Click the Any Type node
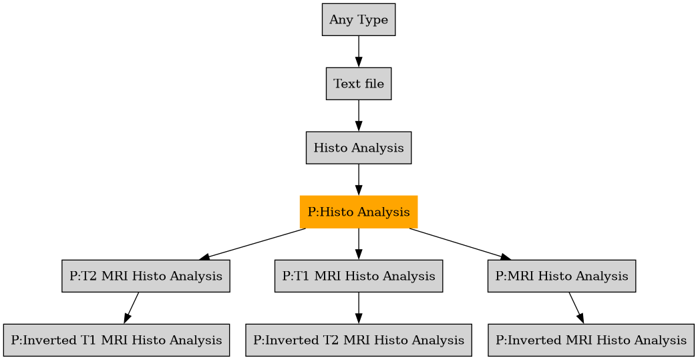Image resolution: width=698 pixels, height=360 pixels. coord(359,20)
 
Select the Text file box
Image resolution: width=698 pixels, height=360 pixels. coord(359,84)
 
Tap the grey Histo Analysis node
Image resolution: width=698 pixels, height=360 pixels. coord(359,148)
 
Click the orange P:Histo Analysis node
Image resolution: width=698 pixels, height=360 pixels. coord(359,212)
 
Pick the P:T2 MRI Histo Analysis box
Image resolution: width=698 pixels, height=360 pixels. coord(146,276)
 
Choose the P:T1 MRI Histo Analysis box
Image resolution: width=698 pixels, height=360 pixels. coord(359,276)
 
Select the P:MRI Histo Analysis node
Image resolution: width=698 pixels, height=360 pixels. coord(561,276)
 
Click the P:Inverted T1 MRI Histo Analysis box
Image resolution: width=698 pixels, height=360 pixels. coord(116,340)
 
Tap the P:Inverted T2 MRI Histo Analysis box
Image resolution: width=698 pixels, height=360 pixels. coord(359,340)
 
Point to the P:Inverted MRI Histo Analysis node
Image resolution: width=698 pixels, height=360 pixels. coord(590,340)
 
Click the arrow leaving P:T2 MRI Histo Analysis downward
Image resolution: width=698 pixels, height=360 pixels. coord(132,308)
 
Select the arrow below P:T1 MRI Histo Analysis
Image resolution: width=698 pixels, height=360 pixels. coord(359,308)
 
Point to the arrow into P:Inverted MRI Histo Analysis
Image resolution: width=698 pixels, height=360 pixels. coord(576,308)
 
